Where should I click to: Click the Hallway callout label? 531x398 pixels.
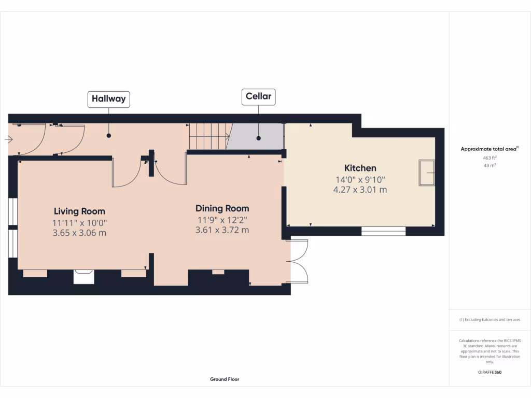[108, 99]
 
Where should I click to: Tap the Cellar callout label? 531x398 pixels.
[258, 97]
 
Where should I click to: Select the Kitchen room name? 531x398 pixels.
[360, 168]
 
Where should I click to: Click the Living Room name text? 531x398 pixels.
[79, 211]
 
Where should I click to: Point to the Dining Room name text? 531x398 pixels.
[222, 208]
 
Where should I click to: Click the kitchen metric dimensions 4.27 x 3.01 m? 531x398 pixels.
[360, 190]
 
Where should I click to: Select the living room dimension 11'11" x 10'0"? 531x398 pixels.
[79, 222]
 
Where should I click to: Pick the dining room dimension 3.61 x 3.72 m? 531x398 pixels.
[222, 230]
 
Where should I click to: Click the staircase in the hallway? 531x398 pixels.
[209, 136]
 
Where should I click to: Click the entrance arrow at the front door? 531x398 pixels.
[8, 139]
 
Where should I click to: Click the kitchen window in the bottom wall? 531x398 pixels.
[383, 231]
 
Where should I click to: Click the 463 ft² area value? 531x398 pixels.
[490, 158]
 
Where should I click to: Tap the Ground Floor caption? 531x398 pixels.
[225, 379]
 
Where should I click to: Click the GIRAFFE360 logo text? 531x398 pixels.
[490, 372]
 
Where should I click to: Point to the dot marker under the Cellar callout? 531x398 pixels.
[258, 138]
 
